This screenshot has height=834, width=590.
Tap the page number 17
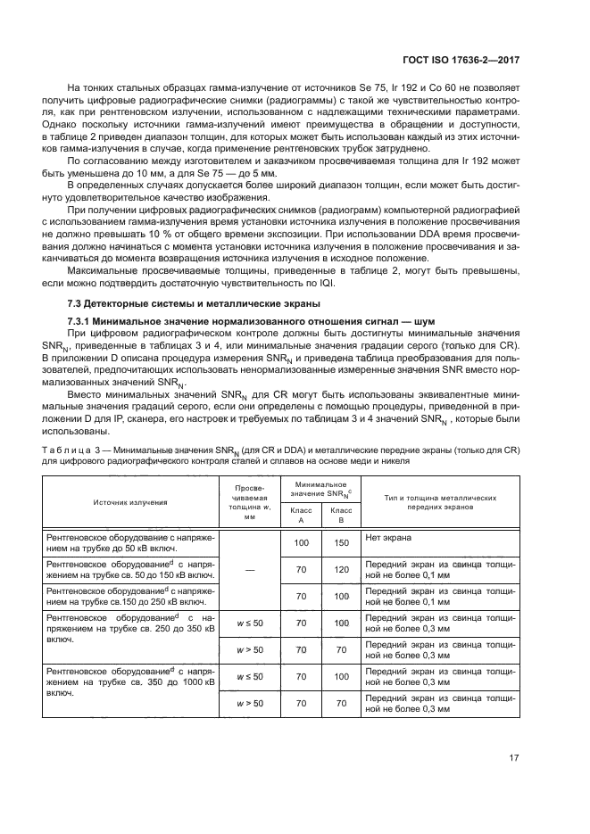point(513,758)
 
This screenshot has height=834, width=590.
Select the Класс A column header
point(301,514)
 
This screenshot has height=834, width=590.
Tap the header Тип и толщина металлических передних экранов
point(439,502)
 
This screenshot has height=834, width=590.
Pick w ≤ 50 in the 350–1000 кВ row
point(251,678)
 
